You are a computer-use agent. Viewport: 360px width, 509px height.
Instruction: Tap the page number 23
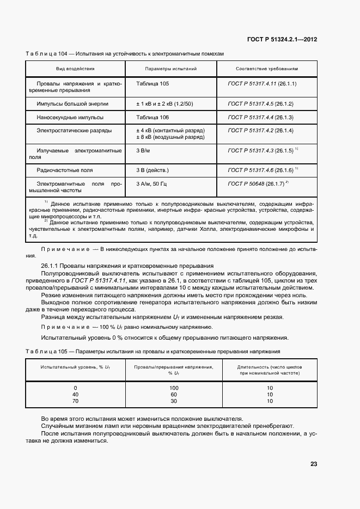(x=314, y=464)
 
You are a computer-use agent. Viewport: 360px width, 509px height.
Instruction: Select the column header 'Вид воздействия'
(x=75, y=69)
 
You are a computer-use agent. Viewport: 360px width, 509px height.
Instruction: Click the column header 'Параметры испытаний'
(x=170, y=69)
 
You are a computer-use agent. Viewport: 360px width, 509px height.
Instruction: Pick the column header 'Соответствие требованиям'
(x=266, y=69)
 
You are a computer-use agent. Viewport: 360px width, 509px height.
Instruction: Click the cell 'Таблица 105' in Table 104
(x=152, y=84)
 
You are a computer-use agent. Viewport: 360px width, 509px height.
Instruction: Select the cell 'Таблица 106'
(x=152, y=117)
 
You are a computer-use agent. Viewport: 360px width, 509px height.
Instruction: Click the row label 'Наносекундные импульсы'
(x=70, y=117)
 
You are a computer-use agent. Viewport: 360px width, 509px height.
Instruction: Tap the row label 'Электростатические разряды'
(x=74, y=131)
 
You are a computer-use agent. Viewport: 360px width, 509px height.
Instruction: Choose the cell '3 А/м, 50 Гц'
(x=154, y=184)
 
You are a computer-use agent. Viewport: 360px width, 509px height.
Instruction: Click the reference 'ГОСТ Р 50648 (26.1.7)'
(x=257, y=184)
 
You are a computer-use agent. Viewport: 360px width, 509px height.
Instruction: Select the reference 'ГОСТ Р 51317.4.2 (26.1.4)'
(x=260, y=131)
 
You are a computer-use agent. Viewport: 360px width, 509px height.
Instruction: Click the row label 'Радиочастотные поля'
(x=64, y=170)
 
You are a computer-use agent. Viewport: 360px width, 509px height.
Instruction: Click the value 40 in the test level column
(x=75, y=394)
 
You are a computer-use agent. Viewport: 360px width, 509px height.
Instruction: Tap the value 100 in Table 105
(x=174, y=388)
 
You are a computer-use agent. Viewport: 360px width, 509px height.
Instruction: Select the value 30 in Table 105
(x=174, y=401)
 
